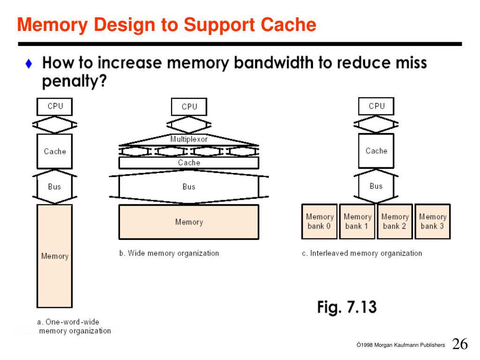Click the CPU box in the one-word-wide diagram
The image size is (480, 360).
[x=54, y=106]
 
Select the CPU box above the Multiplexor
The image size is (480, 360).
[x=189, y=107]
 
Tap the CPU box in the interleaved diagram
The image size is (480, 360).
[x=376, y=106]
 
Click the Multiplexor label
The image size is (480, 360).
[x=188, y=139]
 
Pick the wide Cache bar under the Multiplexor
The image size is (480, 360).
[x=188, y=163]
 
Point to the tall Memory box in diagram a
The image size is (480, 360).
[x=54, y=256]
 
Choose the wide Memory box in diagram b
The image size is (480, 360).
[x=188, y=222]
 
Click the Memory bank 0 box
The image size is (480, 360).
[x=319, y=221]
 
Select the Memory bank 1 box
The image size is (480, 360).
[x=357, y=221]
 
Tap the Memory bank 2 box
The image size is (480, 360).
[x=395, y=221]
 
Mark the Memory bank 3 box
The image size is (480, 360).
[x=432, y=221]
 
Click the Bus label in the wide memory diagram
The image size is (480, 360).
[x=188, y=187]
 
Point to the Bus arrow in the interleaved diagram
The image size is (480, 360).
[x=376, y=186]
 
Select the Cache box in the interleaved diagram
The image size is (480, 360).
[x=376, y=151]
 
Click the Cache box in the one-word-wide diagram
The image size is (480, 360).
[x=54, y=151]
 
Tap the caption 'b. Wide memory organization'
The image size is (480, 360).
[x=169, y=253]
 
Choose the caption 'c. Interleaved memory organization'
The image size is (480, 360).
[x=361, y=253]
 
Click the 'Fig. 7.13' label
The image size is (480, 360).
[x=347, y=307]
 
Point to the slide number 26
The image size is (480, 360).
[x=460, y=344]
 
